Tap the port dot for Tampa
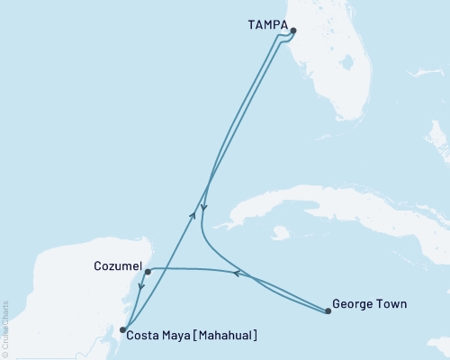pos(292,31)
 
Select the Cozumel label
pos(116,267)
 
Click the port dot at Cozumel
pos(147,269)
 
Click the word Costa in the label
pos(143,337)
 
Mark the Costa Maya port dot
pos(122,330)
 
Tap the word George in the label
pos(352,304)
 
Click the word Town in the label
pos(391,304)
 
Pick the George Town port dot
pos(326,311)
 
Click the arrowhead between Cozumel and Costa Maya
pos(139,290)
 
